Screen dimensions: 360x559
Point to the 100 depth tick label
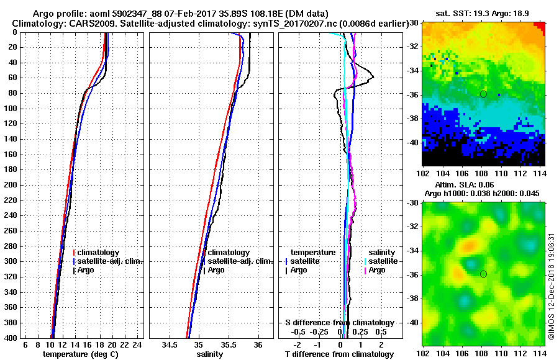(x=11, y=109)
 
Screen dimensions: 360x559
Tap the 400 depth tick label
(x=11, y=338)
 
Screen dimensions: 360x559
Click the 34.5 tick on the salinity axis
(x=169, y=345)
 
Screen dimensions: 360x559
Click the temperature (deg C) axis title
(x=80, y=354)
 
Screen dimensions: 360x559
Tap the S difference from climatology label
(x=340, y=323)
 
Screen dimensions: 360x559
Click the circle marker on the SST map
(x=483, y=94)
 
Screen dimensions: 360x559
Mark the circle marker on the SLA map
(x=483, y=274)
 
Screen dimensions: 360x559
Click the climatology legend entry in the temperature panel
(x=99, y=253)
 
